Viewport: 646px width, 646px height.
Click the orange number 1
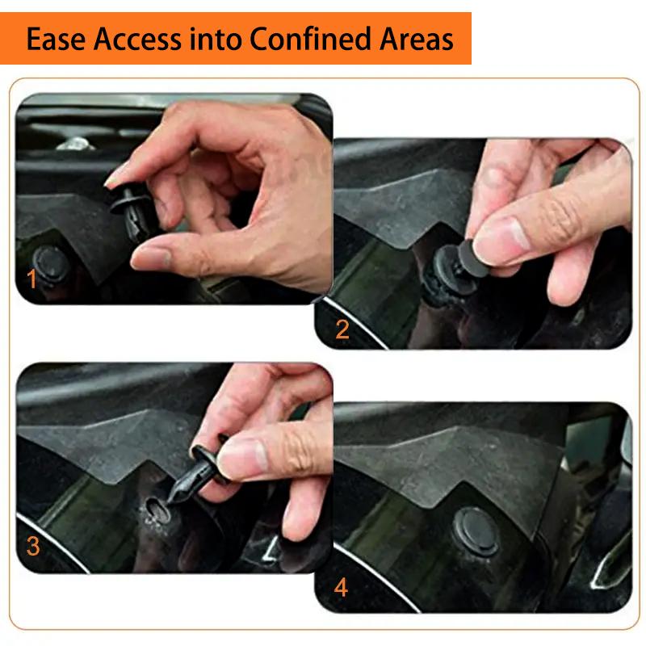[32, 279]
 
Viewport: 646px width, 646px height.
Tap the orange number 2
[342, 329]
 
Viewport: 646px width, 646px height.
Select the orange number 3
[33, 547]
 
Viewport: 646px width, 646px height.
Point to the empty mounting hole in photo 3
[153, 509]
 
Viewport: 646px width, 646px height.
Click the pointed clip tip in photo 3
[171, 502]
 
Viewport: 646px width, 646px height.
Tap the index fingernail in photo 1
[116, 174]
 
